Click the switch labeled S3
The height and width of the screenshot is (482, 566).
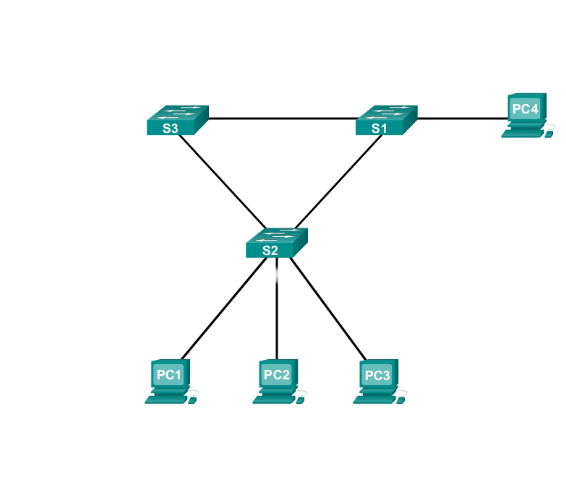176,120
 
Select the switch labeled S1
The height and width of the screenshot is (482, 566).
386,120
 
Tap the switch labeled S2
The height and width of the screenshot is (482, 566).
276,243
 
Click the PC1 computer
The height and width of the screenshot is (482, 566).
170,380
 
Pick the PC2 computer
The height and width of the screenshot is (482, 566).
277,380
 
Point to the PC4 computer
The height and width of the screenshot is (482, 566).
526,115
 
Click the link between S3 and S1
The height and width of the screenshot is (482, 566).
282,118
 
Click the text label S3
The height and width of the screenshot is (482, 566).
171,129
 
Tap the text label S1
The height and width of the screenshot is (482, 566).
380,129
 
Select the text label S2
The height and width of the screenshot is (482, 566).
270,251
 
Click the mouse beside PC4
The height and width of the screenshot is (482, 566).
551,133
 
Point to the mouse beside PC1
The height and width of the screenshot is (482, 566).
194,399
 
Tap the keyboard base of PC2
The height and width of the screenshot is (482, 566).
273,399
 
